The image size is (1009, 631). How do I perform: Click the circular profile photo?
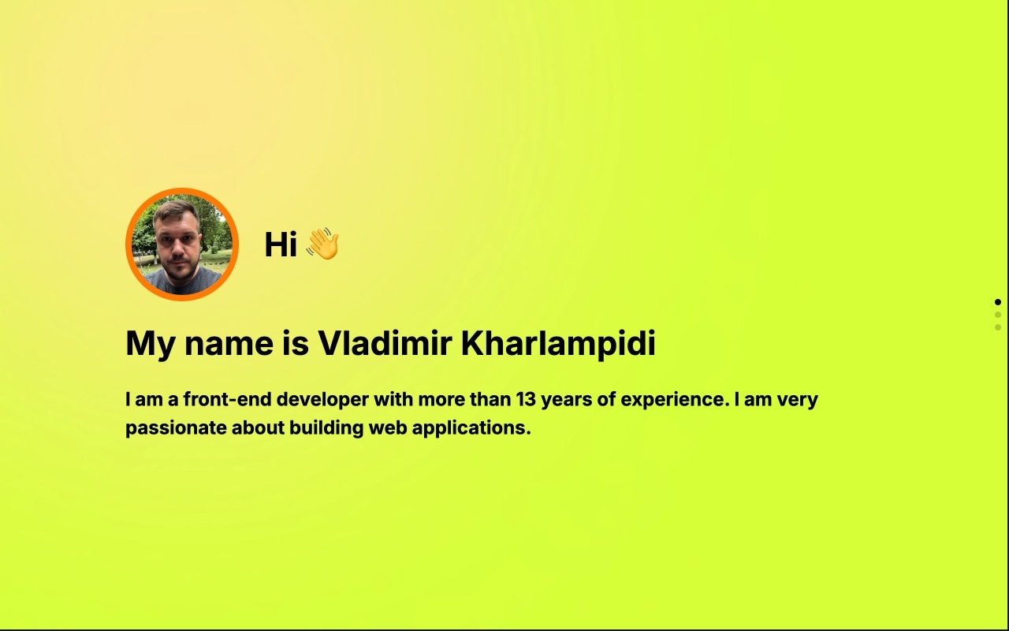(x=181, y=245)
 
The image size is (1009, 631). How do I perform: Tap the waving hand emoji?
(x=322, y=244)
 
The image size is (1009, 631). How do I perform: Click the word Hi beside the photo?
(x=280, y=245)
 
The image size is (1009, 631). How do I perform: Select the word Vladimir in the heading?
(x=384, y=344)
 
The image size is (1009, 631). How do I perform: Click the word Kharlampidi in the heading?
(x=557, y=344)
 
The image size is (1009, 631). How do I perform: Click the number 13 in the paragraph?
(x=526, y=399)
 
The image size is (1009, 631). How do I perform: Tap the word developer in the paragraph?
(x=322, y=400)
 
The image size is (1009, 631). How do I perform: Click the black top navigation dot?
(x=998, y=302)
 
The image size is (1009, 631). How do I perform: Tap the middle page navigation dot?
(x=998, y=315)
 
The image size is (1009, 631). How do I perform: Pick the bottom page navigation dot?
(x=998, y=327)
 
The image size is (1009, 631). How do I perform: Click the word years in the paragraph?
(x=565, y=400)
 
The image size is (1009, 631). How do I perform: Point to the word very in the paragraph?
(x=798, y=400)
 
